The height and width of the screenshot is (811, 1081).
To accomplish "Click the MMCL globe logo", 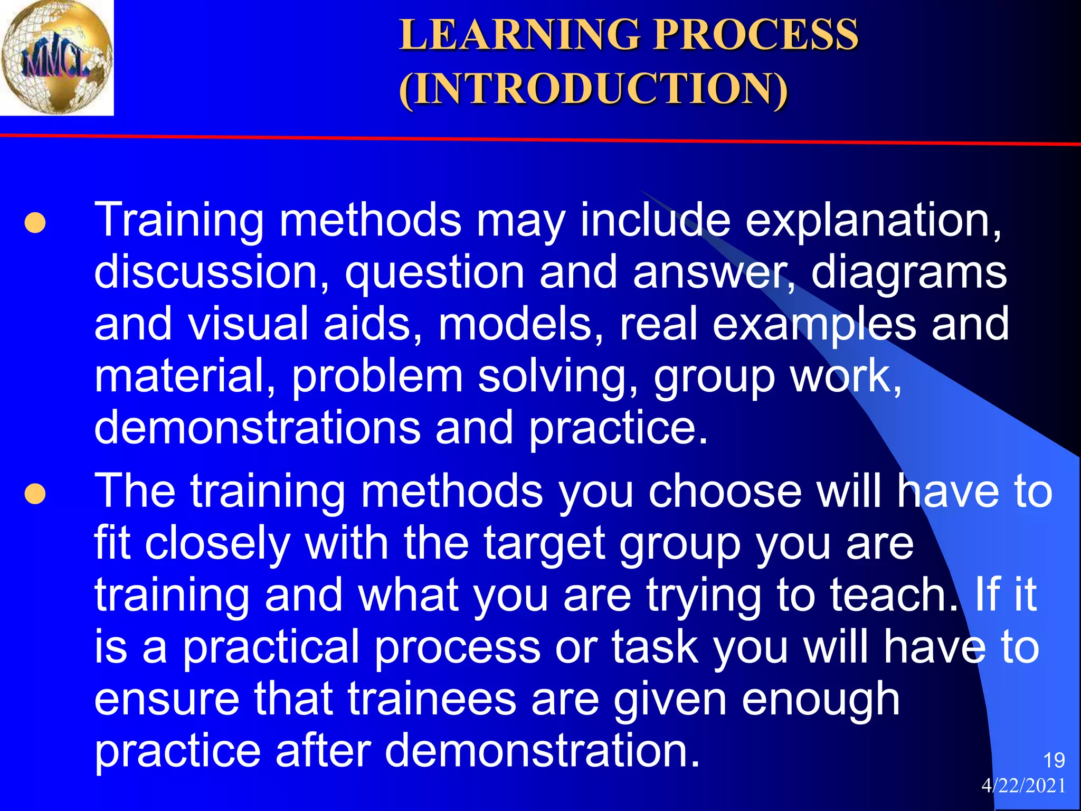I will point(56,57).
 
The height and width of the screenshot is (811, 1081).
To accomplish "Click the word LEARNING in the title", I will point(520,35).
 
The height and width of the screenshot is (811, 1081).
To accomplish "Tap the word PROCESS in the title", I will point(756,35).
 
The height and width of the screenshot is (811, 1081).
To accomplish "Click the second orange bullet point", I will point(35,494).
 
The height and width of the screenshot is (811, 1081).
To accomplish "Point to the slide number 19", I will point(1054,760).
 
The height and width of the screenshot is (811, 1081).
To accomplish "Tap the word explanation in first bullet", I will point(873,221).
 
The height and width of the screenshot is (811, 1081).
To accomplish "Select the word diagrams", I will point(908,272).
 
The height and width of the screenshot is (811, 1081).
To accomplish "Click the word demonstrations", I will point(257,428).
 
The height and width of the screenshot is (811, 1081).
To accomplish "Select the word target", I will point(544,544).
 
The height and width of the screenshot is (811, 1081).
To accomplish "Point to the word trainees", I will point(432,699).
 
